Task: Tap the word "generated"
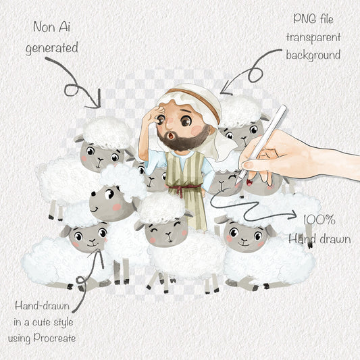tap(52, 49)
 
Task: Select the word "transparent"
tap(313, 37)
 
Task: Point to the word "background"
tap(313, 55)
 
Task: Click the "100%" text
tap(319, 220)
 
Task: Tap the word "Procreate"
tap(55, 338)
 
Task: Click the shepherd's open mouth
tap(172, 136)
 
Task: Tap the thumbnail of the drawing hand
tap(248, 165)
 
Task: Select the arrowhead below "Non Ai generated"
tap(96, 101)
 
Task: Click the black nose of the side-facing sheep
tap(93, 194)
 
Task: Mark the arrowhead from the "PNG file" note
tap(224, 90)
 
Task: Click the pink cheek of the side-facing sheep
tap(117, 207)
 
